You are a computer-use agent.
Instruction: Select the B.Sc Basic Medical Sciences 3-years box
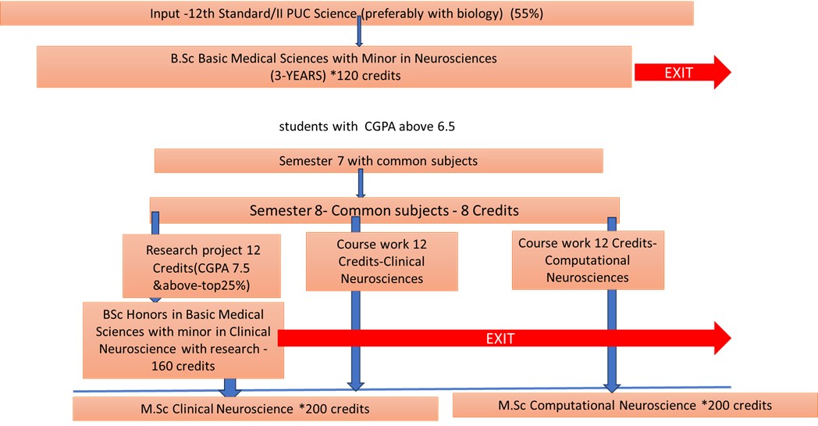coord(334,66)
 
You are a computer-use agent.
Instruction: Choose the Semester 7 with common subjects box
coord(379,161)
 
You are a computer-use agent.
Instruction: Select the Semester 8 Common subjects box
coord(384,210)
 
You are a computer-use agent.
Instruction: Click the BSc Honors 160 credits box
coord(183,339)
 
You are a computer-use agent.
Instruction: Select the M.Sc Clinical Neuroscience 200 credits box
coord(254,408)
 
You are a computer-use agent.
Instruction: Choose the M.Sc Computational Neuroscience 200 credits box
coord(635,405)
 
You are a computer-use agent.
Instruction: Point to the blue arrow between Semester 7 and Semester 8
coord(360,184)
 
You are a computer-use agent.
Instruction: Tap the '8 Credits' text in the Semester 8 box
coord(489,211)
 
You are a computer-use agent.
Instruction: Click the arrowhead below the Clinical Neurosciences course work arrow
coord(355,383)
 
